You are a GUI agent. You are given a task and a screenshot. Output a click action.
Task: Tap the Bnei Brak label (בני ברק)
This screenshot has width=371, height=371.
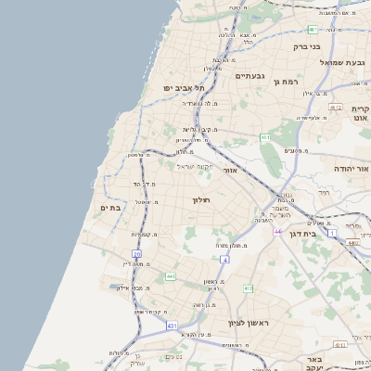coord(306,46)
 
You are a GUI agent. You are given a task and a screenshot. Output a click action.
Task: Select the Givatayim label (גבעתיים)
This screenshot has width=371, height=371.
coord(250,76)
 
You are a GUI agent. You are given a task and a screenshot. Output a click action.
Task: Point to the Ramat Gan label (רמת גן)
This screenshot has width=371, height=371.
coord(288,82)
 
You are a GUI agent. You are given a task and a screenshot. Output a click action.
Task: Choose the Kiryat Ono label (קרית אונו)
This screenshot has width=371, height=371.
coord(360,113)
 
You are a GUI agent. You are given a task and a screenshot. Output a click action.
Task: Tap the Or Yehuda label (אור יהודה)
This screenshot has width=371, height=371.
coord(351,170)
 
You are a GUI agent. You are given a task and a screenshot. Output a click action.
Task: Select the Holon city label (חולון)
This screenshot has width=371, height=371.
coord(202,200)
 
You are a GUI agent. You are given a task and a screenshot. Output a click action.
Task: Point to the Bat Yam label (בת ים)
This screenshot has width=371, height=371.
coord(110,208)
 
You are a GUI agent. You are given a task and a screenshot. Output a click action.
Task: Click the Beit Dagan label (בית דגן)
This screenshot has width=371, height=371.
coord(324,235)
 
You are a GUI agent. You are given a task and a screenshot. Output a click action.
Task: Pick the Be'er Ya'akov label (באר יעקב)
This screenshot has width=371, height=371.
coord(315,363)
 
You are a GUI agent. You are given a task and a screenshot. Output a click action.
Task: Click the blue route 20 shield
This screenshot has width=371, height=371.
coord(136,253)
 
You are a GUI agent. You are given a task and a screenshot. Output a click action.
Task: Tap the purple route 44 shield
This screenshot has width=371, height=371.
coord(276,231)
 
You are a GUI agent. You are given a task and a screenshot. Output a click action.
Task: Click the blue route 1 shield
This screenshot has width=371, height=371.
coord(331,232)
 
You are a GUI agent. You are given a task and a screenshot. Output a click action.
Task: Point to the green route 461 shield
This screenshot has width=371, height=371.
coord(265,138)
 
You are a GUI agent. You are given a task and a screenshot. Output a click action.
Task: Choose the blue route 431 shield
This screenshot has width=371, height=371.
coord(172,326)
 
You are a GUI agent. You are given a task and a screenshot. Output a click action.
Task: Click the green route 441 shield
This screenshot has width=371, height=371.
coord(170,276)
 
